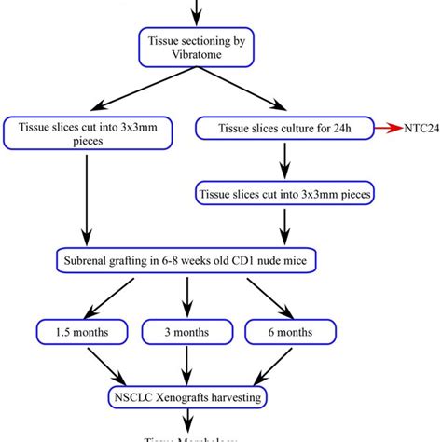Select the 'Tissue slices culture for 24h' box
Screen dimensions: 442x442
pos(282,126)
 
